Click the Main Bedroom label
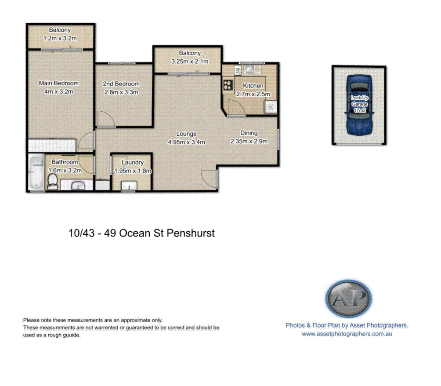[x=58, y=83]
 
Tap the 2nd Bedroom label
[x=121, y=84]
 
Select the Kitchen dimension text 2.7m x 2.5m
[x=253, y=94]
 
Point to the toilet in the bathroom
[x=53, y=181]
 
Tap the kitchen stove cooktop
[x=228, y=84]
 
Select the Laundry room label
[x=133, y=162]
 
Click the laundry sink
[x=130, y=186]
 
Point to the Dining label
[x=249, y=133]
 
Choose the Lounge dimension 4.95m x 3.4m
[x=187, y=142]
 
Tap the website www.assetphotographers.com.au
[x=347, y=334]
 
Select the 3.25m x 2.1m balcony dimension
[x=189, y=62]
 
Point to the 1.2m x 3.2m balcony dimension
[x=60, y=38]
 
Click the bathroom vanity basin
[x=78, y=186]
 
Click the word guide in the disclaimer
[x=72, y=335]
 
